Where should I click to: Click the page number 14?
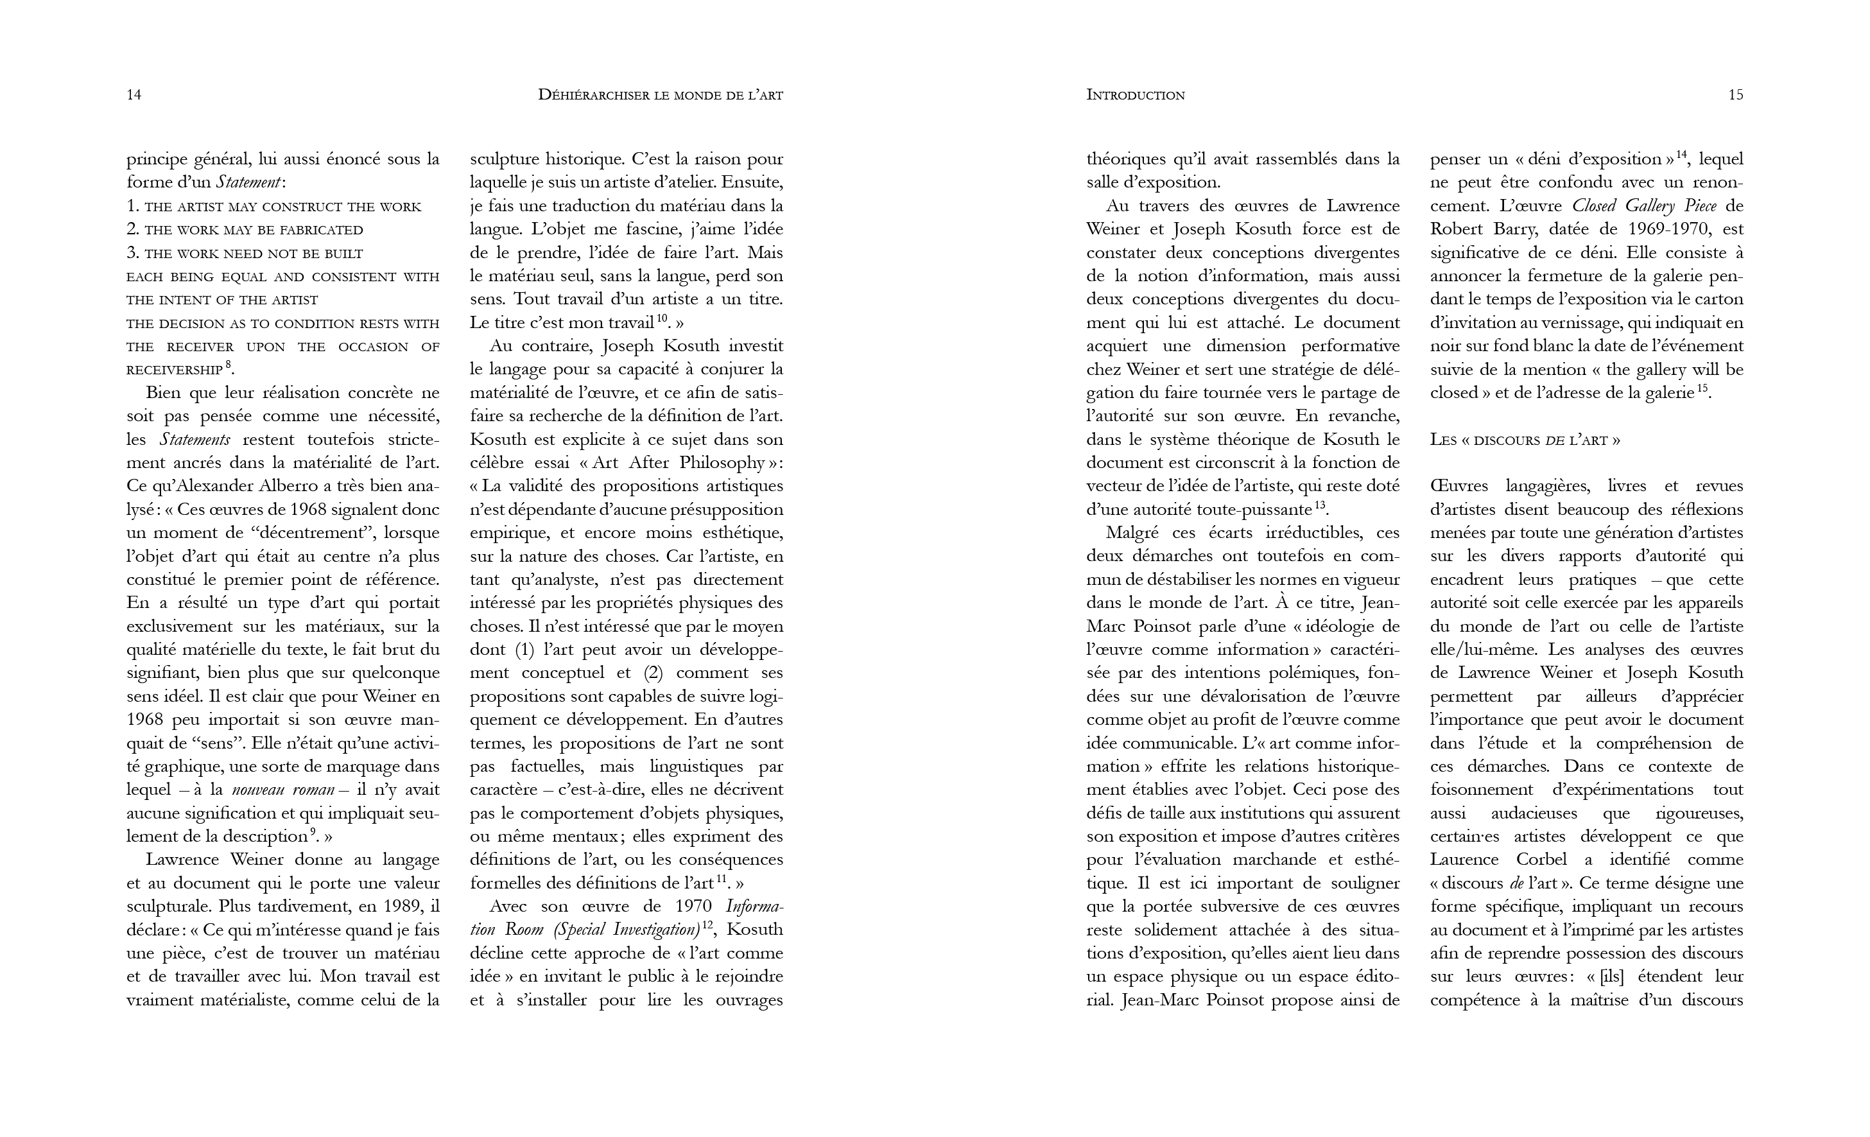(x=134, y=95)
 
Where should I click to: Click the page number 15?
(x=1735, y=95)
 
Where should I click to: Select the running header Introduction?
(x=1136, y=95)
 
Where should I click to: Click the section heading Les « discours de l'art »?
(x=1525, y=440)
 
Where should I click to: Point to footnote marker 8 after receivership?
(x=228, y=365)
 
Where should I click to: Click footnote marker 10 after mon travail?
(x=662, y=318)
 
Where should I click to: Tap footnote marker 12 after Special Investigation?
(x=708, y=924)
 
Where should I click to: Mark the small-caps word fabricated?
(x=320, y=230)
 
